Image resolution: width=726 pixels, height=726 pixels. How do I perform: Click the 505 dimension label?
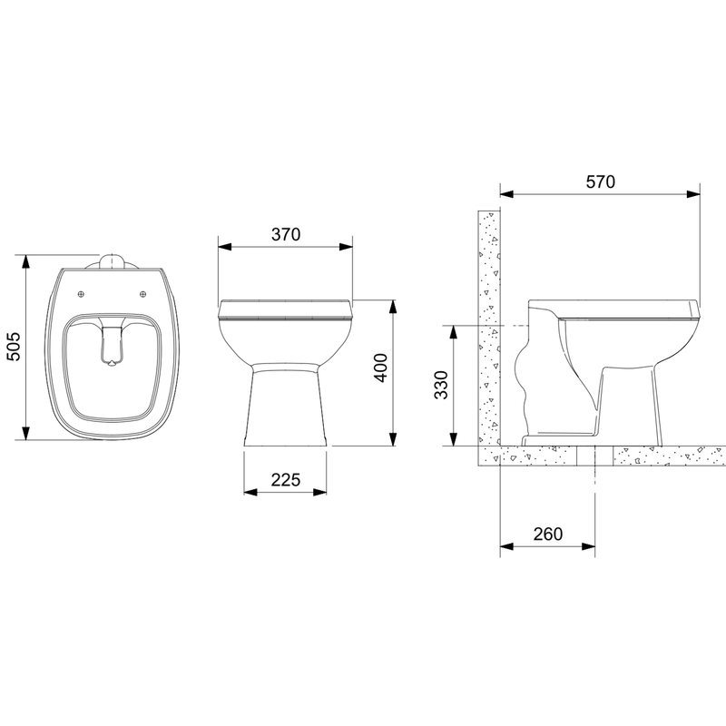point(14,347)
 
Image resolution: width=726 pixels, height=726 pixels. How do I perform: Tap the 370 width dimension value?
point(286,233)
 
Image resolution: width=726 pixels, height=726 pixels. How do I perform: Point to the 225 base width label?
point(286,480)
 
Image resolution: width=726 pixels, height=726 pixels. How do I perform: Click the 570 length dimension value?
point(600,181)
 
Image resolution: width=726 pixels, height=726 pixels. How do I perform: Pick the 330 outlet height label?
point(442,386)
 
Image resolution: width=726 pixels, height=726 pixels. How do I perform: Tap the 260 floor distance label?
point(547,535)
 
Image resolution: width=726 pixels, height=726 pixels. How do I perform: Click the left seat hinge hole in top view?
point(82,293)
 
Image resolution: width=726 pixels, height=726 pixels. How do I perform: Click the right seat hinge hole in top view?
point(144,293)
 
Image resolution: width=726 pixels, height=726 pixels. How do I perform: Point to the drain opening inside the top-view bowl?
point(113,364)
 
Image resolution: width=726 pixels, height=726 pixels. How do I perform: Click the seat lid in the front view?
point(286,309)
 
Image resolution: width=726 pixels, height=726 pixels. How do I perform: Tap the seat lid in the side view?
point(626,309)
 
